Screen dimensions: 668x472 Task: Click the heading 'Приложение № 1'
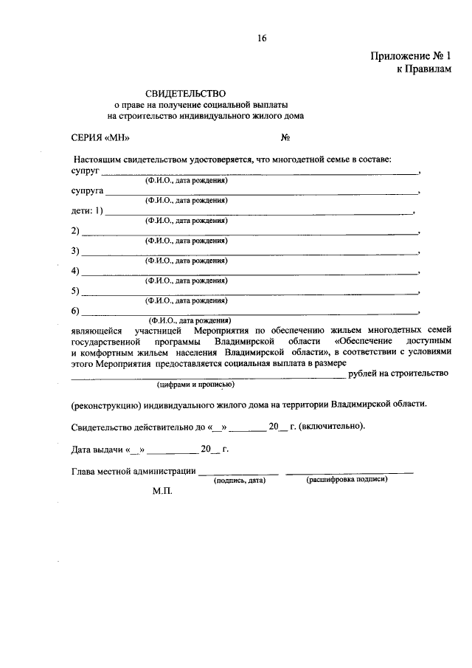pyautogui.click(x=409, y=55)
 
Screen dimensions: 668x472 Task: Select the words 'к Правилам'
pyautogui.click(x=423, y=68)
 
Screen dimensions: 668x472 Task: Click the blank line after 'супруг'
pyautogui.click(x=258, y=172)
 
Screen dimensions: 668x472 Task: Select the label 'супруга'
pyautogui.click(x=88, y=191)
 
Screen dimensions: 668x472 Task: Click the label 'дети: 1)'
pyautogui.click(x=88, y=211)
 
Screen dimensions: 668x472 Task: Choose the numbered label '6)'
pyautogui.click(x=75, y=311)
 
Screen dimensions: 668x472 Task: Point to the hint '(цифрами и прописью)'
pyautogui.click(x=195, y=385)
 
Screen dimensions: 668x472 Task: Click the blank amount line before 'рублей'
pyautogui.click(x=206, y=376)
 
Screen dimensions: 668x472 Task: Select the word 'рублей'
pyautogui.click(x=364, y=373)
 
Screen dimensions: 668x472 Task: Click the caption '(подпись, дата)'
pyautogui.click(x=239, y=480)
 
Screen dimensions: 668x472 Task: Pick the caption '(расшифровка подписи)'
pyautogui.click(x=347, y=479)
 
